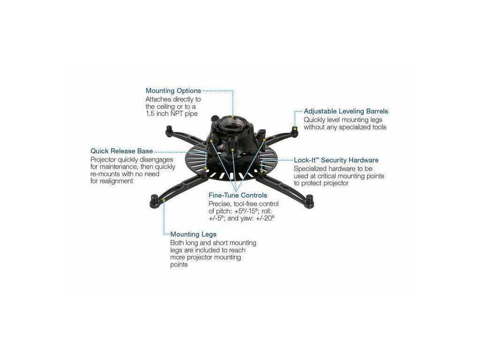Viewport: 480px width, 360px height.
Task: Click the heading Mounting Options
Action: pyautogui.click(x=173, y=91)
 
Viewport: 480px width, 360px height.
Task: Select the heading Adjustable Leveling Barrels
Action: pyautogui.click(x=346, y=112)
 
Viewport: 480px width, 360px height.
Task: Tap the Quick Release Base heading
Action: pyautogui.click(x=121, y=151)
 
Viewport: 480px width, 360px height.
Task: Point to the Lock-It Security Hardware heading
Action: pyautogui.click(x=336, y=160)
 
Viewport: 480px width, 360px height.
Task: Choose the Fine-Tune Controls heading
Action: pyautogui.click(x=238, y=195)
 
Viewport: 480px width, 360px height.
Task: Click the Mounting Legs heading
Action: pyautogui.click(x=193, y=234)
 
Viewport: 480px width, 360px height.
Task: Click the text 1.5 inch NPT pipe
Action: pyautogui.click(x=172, y=114)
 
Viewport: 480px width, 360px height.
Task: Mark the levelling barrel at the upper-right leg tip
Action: pyautogui.click(x=294, y=129)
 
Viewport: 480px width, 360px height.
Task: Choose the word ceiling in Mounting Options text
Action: pyautogui.click(x=165, y=107)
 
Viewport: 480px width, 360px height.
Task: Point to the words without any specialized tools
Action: pyautogui.click(x=345, y=127)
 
